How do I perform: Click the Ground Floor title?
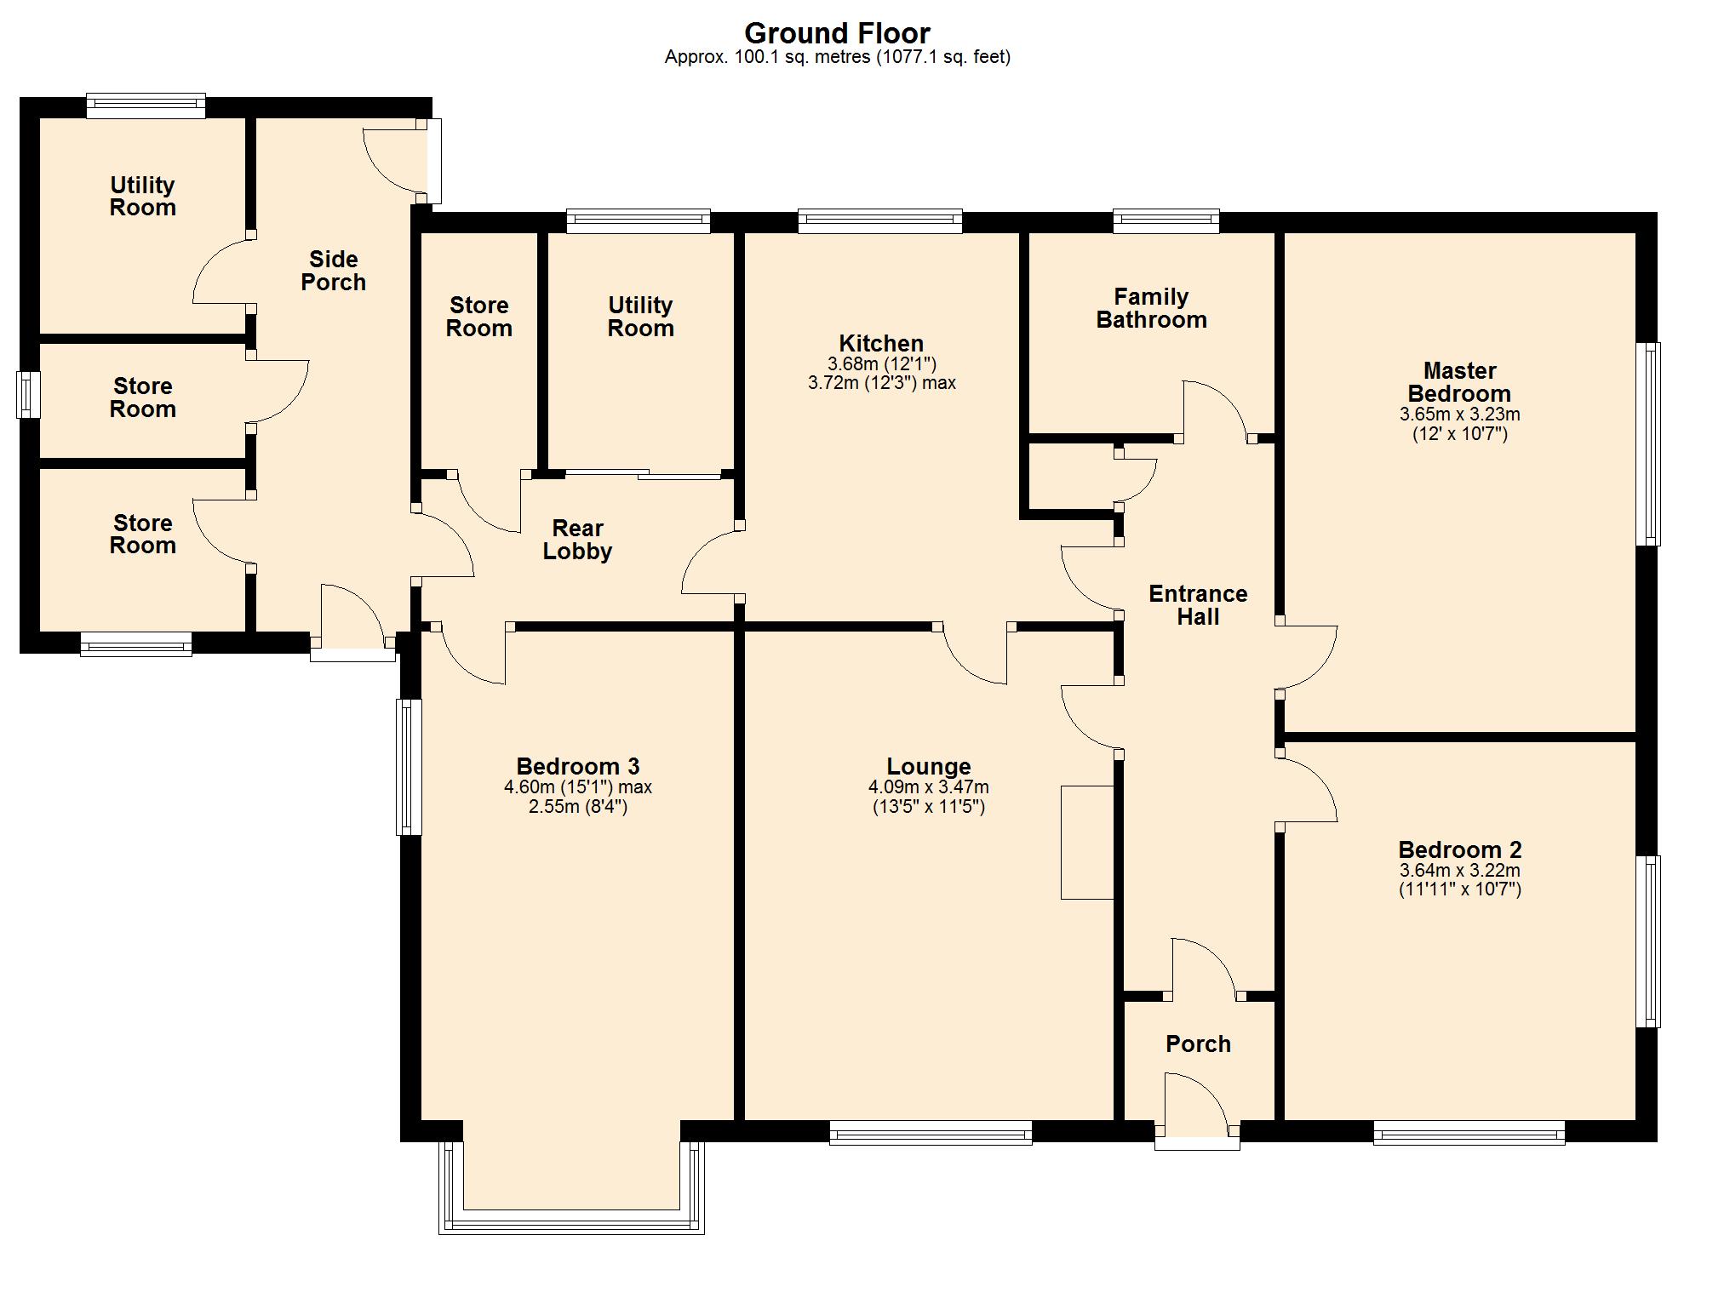pyautogui.click(x=837, y=33)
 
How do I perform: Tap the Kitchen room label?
pyautogui.click(x=881, y=343)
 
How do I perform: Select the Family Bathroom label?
pyautogui.click(x=1151, y=308)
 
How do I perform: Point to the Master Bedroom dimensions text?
pyautogui.click(x=1459, y=424)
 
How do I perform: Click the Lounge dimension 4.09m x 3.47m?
pyautogui.click(x=929, y=787)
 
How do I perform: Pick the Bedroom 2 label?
pyautogui.click(x=1459, y=849)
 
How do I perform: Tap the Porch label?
pyautogui.click(x=1198, y=1044)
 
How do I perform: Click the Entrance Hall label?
pyautogui.click(x=1198, y=605)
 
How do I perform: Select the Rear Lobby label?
pyautogui.click(x=577, y=540)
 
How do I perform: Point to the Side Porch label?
pyautogui.click(x=333, y=271)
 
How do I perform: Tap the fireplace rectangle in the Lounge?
pyautogui.click(x=1087, y=842)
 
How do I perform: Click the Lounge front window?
pyautogui.click(x=931, y=1133)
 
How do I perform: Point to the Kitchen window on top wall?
pyautogui.click(x=880, y=221)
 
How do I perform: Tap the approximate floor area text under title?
pyautogui.click(x=837, y=57)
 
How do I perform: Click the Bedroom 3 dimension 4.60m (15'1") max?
pyautogui.click(x=577, y=787)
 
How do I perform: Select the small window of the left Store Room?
pyautogui.click(x=28, y=395)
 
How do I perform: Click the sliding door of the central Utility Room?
pyautogui.click(x=643, y=474)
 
